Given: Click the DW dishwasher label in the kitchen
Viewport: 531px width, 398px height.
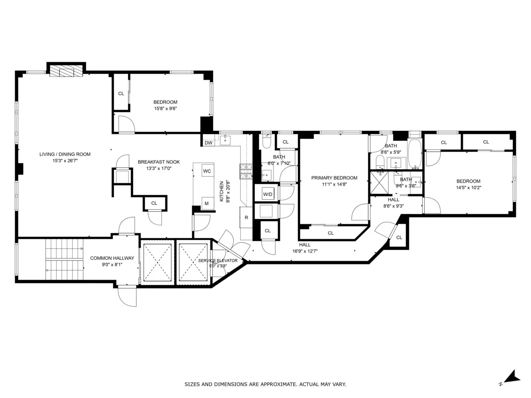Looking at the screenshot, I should coord(208,143).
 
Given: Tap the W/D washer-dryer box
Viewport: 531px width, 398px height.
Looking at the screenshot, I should coord(267,194).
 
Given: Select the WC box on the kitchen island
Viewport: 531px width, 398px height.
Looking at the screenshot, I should coord(207,171).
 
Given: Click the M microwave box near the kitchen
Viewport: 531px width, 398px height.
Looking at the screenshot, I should coord(206,203).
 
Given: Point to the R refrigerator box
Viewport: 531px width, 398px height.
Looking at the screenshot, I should coord(246,218).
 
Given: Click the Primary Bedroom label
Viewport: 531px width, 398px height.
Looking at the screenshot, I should coord(334,178).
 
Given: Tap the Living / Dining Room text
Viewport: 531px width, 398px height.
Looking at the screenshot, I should coord(65,154).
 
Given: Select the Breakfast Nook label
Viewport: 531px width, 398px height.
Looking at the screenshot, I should coord(158,162).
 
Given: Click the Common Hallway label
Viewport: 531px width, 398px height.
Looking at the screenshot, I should coord(112,258).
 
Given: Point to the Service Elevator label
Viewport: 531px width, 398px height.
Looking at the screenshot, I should coord(217,261).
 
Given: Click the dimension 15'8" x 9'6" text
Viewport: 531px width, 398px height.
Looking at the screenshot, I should coord(165,108).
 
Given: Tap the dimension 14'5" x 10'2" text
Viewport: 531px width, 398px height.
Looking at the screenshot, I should coord(468,188).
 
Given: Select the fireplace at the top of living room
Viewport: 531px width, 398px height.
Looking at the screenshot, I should coord(66,72).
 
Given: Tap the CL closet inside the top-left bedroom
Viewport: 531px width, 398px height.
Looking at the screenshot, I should coord(121,93).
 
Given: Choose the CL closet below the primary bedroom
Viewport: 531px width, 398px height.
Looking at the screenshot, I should coord(331,233).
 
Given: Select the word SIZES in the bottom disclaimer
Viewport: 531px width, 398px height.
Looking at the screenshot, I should coord(192,384).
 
